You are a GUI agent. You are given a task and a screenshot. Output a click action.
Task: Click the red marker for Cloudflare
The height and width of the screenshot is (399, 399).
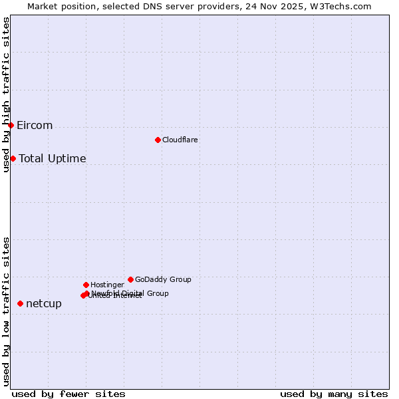pyautogui.click(x=158, y=140)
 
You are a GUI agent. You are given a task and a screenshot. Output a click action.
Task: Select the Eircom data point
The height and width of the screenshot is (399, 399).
pyautogui.click(x=11, y=125)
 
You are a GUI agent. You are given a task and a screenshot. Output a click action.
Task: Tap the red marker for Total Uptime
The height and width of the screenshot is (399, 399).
pyautogui.click(x=13, y=158)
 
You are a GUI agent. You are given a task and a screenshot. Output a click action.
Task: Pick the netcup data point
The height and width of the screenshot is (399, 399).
pyautogui.click(x=20, y=303)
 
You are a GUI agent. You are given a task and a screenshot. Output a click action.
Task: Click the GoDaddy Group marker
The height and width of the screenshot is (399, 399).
pyautogui.click(x=130, y=279)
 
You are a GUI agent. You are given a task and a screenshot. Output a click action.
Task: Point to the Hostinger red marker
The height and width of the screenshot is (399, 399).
pyautogui.click(x=86, y=285)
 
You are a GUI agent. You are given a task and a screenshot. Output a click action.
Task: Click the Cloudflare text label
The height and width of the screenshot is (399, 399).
pyautogui.click(x=180, y=140)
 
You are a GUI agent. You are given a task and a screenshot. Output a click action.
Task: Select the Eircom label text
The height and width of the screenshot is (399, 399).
pyautogui.click(x=35, y=126)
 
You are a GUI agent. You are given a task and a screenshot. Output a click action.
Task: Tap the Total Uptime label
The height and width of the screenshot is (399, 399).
pyautogui.click(x=53, y=158)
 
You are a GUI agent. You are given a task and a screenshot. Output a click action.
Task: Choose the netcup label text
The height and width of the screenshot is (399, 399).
pyautogui.click(x=44, y=304)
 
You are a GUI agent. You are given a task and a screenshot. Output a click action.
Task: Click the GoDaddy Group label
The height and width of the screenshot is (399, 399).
pyautogui.click(x=163, y=279)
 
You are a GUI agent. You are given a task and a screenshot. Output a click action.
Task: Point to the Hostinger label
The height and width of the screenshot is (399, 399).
pyautogui.click(x=107, y=285)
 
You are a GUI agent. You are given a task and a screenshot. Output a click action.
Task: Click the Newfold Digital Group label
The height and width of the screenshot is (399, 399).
pyautogui.click(x=130, y=293)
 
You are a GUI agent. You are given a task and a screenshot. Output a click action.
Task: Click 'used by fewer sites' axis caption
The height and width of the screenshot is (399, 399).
pyautogui.click(x=68, y=394)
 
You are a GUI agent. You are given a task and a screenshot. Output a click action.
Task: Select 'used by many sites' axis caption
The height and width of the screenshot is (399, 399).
pyautogui.click(x=334, y=394)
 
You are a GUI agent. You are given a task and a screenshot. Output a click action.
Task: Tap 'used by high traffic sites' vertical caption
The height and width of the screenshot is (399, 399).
pyautogui.click(x=6, y=95)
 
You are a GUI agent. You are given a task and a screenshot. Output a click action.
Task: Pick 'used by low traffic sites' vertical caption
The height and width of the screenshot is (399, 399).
pyautogui.click(x=6, y=311)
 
